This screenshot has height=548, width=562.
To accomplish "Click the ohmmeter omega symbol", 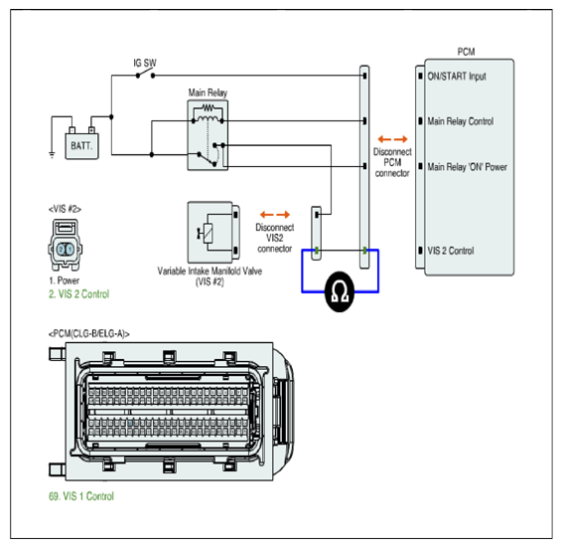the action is point(340,291).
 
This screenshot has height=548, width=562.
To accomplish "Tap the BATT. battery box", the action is point(81,146).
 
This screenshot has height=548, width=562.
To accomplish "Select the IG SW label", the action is point(145,63).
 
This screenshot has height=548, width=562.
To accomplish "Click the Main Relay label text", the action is point(208,92).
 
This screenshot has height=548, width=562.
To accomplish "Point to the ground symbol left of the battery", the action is point(52,155).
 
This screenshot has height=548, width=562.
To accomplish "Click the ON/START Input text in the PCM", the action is point(457,77).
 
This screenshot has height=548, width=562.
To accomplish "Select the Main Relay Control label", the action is point(460,121).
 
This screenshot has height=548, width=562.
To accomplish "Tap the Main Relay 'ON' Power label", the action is point(467,167).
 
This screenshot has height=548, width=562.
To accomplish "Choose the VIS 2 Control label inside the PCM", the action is point(451,251).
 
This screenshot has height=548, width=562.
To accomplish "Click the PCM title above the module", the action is point(466,52).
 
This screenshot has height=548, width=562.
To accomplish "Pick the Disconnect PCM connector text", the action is point(392,162).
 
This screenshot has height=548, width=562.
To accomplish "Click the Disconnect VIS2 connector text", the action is point(275,238).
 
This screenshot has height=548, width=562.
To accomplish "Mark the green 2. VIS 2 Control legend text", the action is point(78,294).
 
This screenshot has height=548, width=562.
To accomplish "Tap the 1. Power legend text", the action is point(65,280).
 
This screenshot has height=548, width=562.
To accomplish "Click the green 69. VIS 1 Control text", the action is point(81,496).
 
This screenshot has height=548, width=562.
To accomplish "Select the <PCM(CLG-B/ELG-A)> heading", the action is point(89,334).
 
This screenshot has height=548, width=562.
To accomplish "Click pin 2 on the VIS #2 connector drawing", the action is point(62,250).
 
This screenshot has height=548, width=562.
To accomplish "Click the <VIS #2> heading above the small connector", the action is point(65,209).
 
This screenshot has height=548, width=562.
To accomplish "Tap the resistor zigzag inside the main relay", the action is point(208,107).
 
